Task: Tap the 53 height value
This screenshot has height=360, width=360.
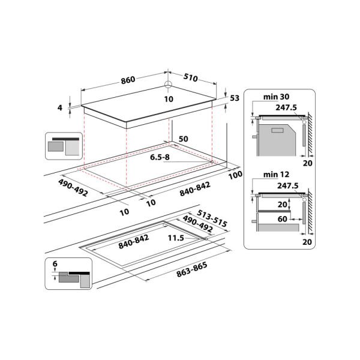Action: click(x=235, y=98)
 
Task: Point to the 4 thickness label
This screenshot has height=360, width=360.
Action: click(x=60, y=107)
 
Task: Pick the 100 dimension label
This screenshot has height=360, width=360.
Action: click(x=235, y=174)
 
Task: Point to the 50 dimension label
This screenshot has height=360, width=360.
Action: click(x=184, y=139)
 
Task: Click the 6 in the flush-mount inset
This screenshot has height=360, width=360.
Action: click(x=55, y=264)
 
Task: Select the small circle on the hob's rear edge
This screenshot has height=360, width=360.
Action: click(x=169, y=85)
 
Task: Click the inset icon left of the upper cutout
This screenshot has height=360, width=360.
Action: click(x=63, y=146)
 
